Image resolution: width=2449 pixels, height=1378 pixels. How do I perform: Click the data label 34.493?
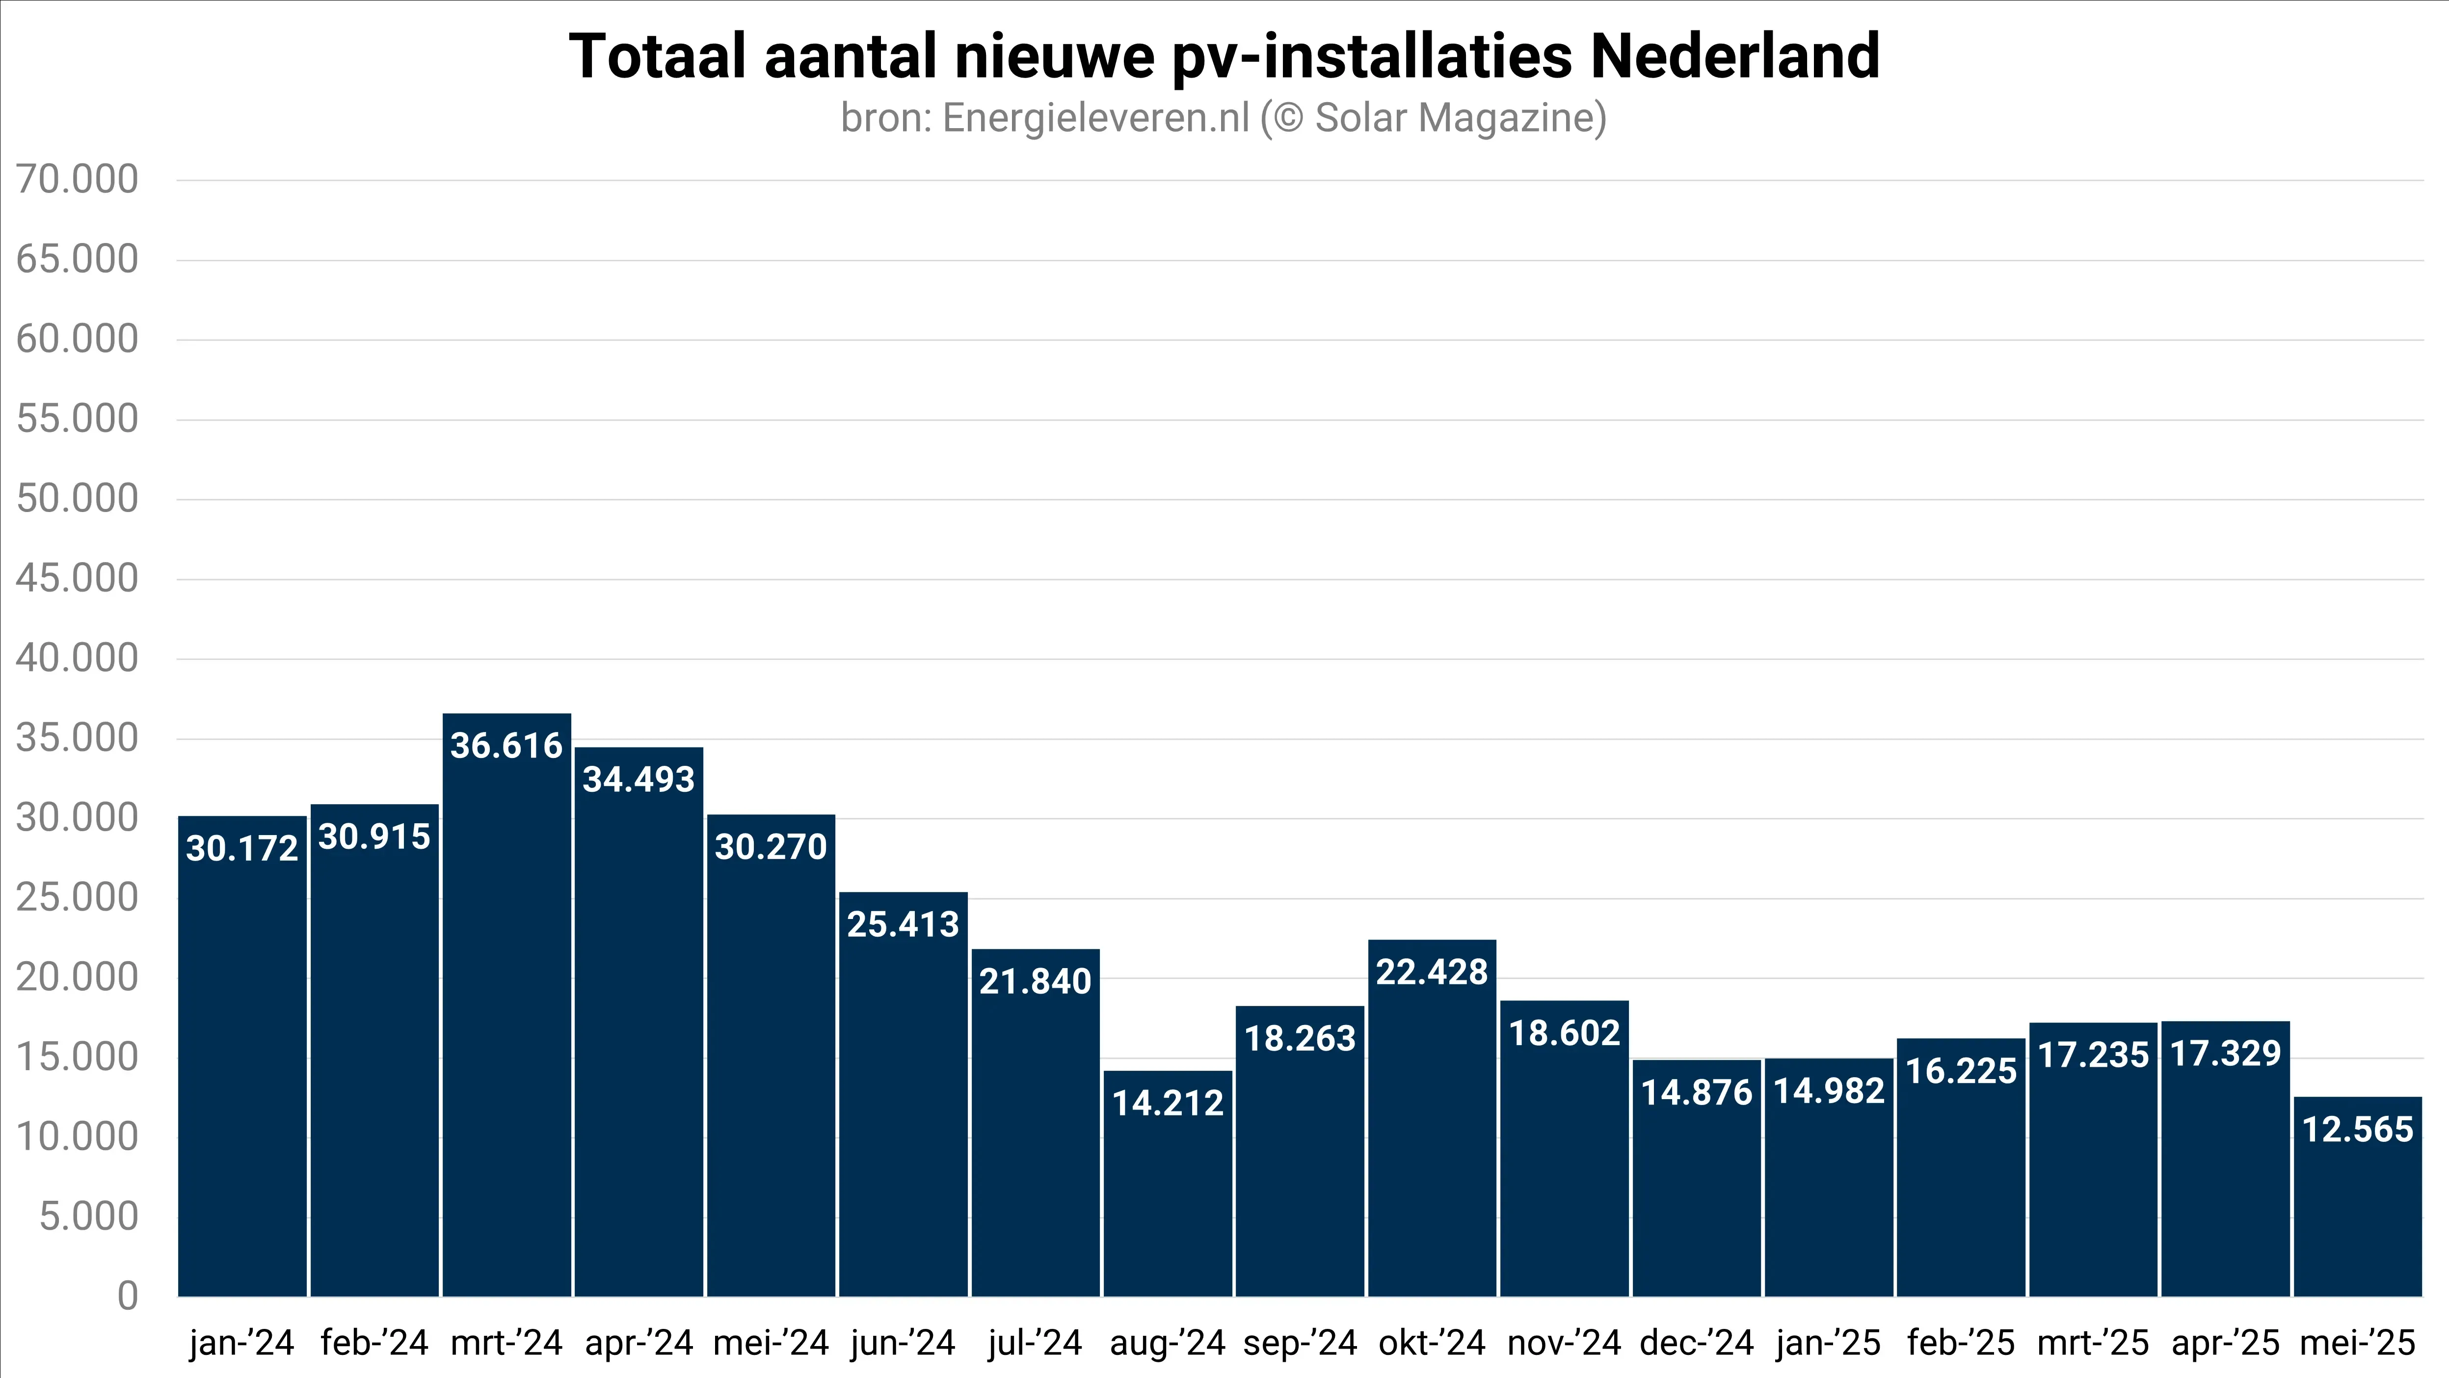[639, 780]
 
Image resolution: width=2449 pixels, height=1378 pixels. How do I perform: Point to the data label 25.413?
[903, 924]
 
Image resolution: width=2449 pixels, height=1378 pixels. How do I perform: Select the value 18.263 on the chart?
[1300, 1038]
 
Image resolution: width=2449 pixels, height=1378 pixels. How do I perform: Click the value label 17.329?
[2226, 1054]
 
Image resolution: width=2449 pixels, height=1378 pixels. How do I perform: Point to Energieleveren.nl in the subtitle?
[1095, 118]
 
